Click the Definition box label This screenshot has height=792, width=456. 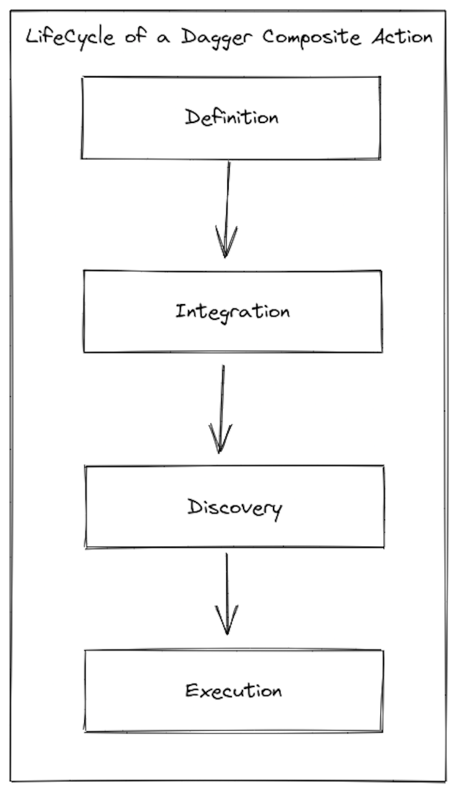[231, 117]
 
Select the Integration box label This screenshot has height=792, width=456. [232, 311]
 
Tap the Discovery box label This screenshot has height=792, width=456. [235, 507]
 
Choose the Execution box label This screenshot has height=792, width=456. [234, 691]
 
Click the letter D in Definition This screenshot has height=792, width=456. [191, 117]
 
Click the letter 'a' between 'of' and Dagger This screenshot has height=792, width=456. [164, 39]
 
